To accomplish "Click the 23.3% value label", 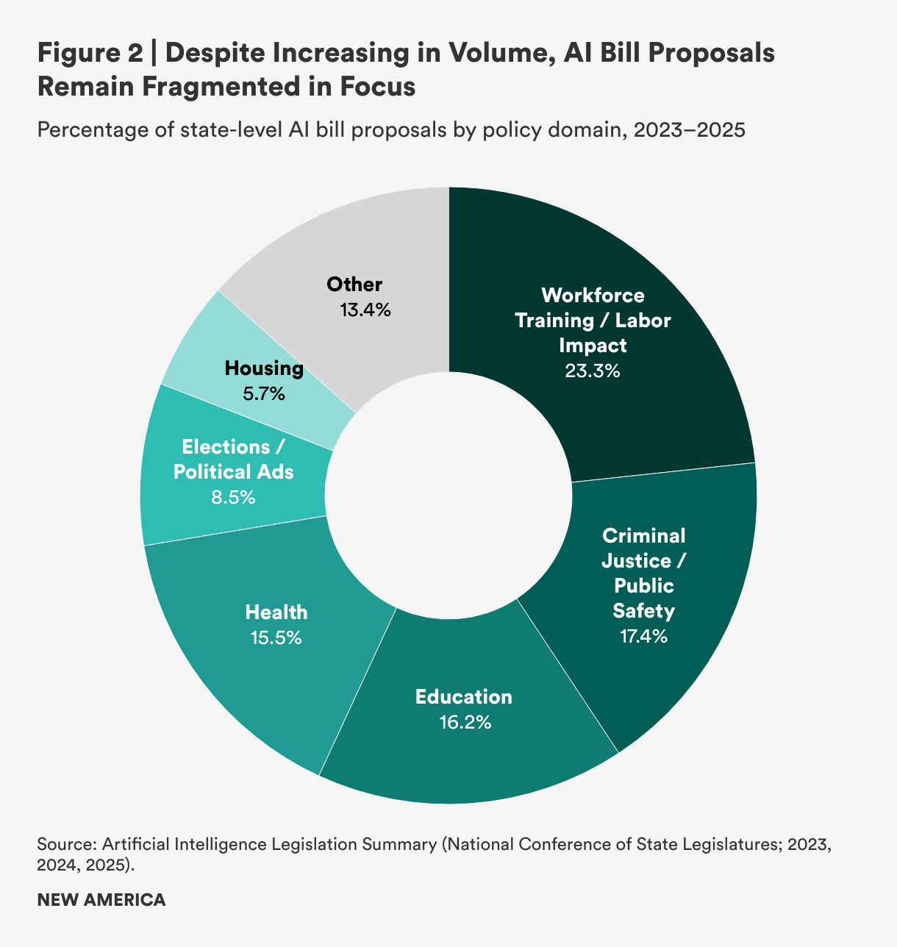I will tap(592, 371).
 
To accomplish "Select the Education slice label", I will tap(463, 696).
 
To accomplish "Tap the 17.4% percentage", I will tap(644, 636).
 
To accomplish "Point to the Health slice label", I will tap(276, 612).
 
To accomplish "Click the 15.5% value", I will tap(276, 637).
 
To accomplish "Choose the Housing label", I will tap(264, 368).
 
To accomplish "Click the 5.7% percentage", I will tap(264, 394).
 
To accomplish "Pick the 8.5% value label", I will tap(233, 498).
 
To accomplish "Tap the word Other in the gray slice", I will tap(354, 285).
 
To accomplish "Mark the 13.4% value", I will tap(365, 310).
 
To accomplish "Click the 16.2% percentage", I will tap(465, 723).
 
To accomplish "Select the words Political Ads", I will tap(233, 472).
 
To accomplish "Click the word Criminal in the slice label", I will tap(643, 535).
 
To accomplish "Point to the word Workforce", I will tap(593, 295).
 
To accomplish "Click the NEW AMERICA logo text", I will tap(101, 899).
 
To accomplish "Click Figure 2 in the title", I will tap(89, 54).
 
